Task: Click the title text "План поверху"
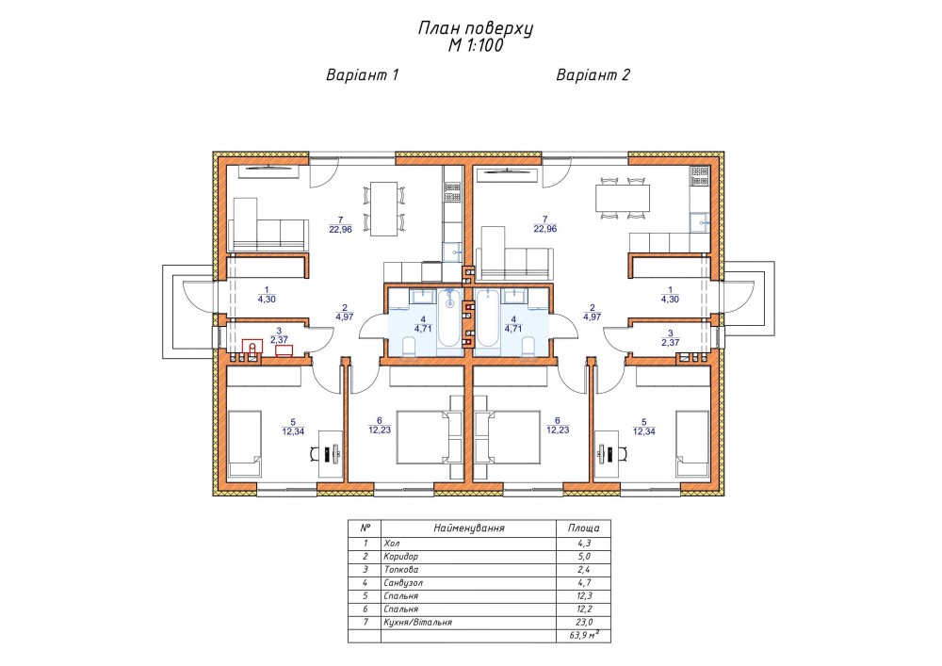(475, 29)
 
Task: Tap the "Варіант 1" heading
(363, 75)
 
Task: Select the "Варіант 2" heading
(593, 75)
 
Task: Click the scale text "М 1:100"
(475, 45)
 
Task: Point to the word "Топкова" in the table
(400, 569)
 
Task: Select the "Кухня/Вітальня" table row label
(417, 622)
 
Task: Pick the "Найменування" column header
(468, 528)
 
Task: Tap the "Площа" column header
(583, 528)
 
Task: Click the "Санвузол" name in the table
(403, 582)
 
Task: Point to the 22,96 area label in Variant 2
(544, 228)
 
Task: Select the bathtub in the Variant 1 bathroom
(449, 318)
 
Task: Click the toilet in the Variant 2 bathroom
(529, 347)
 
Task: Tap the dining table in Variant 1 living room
(382, 209)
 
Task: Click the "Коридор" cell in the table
(400, 556)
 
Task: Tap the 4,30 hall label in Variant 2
(670, 299)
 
